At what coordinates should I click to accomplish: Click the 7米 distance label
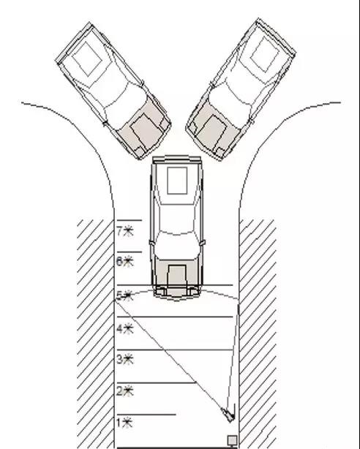125,231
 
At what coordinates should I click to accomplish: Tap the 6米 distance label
125,261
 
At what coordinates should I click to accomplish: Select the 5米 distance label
125,296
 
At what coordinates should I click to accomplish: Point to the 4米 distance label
125,329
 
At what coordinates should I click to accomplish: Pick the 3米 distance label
125,359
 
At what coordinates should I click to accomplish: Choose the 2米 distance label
125,391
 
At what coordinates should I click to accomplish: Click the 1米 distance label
124,423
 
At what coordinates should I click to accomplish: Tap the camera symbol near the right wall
228,414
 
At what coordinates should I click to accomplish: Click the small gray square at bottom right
232,439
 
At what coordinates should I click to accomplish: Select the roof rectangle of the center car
177,181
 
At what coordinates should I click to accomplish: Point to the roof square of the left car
87,59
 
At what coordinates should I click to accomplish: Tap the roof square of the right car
265,54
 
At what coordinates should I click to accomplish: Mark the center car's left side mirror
151,243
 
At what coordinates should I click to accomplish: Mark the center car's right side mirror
203,243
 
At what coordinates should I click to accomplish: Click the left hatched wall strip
95,334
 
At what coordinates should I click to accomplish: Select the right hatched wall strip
258,334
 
